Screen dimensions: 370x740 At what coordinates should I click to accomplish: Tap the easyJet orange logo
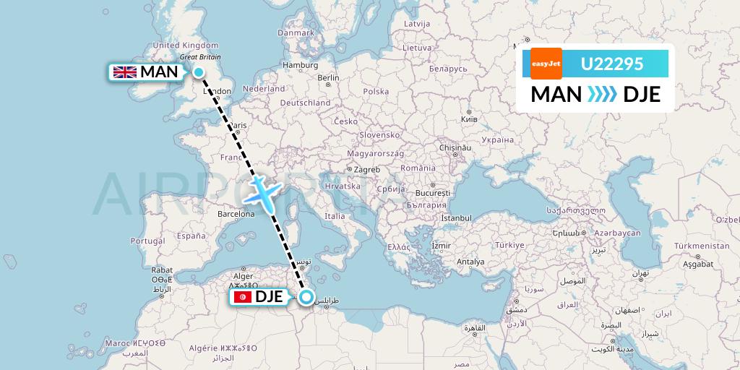click(x=546, y=64)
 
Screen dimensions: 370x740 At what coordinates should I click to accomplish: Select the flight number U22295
click(x=612, y=64)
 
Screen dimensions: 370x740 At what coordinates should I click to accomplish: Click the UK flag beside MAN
click(x=125, y=72)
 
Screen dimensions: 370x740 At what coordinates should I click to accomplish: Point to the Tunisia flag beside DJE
click(x=243, y=297)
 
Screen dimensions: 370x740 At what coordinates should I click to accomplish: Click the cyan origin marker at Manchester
click(x=198, y=72)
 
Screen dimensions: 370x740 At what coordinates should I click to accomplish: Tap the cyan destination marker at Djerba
click(x=306, y=297)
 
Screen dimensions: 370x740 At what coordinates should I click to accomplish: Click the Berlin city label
click(x=328, y=78)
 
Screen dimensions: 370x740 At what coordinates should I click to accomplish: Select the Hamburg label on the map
click(x=301, y=64)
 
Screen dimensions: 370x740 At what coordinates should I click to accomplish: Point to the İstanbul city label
click(x=456, y=218)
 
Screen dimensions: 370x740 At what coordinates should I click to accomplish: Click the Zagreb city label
click(x=366, y=169)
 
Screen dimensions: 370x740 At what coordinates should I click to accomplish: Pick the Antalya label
click(x=470, y=262)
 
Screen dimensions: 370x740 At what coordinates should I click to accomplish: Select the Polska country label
click(x=376, y=92)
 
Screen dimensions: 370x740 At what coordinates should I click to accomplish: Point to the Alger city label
click(x=244, y=275)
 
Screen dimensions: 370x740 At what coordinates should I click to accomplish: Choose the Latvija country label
click(x=417, y=23)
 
